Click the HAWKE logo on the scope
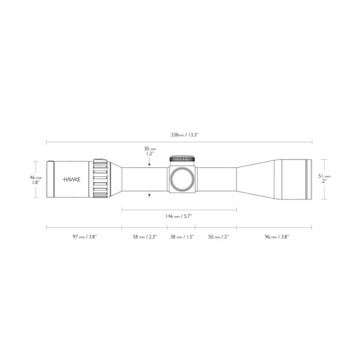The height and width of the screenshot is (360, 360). tap(71, 179)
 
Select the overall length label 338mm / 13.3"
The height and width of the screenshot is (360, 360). tap(180, 134)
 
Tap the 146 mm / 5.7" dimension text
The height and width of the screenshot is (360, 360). tap(179, 216)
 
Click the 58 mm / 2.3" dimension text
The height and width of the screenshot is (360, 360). tap(144, 237)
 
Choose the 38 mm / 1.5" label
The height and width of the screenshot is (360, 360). tap(181, 237)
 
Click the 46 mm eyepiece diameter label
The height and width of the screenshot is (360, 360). tap(35, 180)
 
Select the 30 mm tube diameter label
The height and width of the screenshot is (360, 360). tap(150, 151)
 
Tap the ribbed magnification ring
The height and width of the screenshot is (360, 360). tap(100, 179)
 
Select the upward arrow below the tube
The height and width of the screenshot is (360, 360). tap(150, 195)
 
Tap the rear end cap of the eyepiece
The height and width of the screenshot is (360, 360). tap(50, 179)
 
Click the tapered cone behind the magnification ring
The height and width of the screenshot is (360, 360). tap(114, 179)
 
